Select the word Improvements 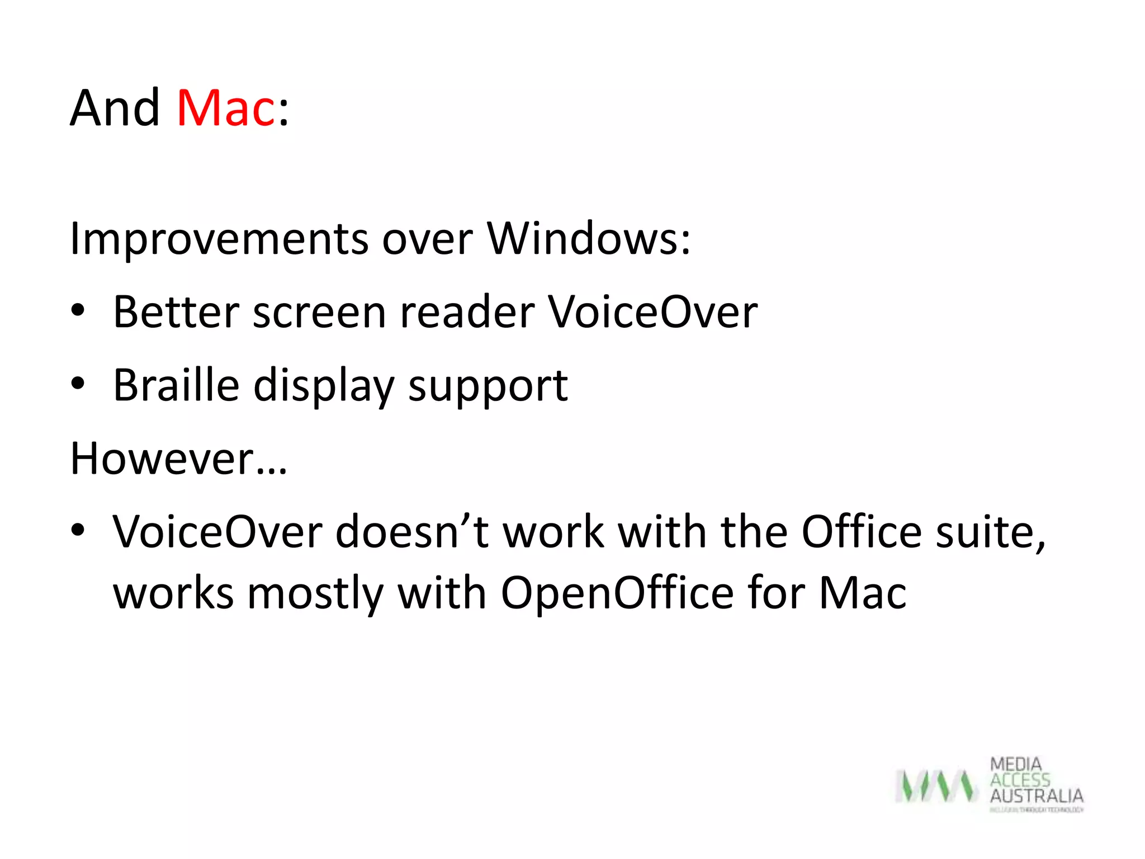tap(219, 239)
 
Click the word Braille tap(176, 385)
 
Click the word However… tap(178, 459)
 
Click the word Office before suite tap(861, 532)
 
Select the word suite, tap(990, 533)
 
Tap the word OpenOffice tap(617, 593)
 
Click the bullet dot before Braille tap(78, 384)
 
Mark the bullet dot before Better tap(78, 310)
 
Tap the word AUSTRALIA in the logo tap(1036, 796)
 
